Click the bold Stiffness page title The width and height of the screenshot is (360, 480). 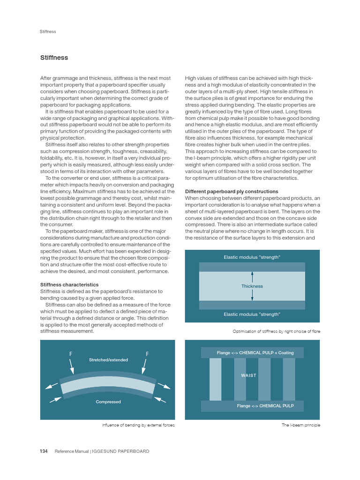54,58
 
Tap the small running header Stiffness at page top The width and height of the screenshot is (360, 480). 48,31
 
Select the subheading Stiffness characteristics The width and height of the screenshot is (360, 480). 70,285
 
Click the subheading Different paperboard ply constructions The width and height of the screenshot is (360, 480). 232,192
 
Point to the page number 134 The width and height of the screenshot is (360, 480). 44,451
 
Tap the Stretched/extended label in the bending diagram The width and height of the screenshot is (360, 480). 108,360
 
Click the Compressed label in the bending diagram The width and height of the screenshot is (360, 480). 108,402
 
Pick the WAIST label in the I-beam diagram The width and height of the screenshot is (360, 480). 249,375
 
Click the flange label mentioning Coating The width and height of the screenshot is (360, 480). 252,352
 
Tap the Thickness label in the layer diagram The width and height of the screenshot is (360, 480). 252,286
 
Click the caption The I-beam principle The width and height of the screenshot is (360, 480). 301,425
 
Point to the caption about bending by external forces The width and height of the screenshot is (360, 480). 138,425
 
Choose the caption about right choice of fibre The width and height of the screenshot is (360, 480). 276,331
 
